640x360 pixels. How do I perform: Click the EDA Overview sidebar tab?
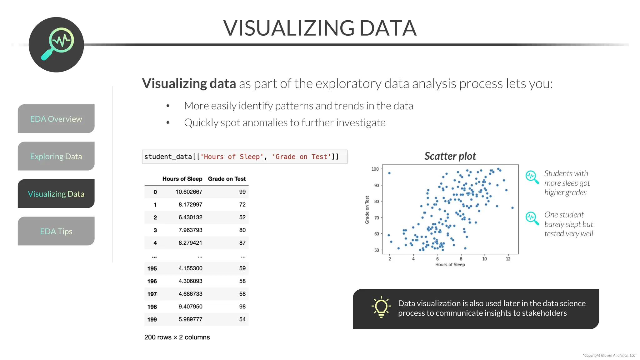point(56,119)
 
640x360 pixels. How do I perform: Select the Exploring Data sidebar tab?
point(56,156)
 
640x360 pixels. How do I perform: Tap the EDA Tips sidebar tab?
point(56,231)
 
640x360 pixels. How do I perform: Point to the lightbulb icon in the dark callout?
point(381,307)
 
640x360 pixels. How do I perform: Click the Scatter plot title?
point(450,156)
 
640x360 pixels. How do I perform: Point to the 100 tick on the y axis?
point(375,169)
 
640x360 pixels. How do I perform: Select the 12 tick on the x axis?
point(508,259)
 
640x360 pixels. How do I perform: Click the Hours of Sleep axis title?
point(450,265)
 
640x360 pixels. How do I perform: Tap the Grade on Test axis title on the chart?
point(367,210)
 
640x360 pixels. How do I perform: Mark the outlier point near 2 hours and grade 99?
point(389,173)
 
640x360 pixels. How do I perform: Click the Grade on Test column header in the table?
point(227,179)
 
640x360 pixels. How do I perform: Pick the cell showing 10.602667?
point(189,192)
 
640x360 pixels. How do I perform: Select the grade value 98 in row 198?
point(242,307)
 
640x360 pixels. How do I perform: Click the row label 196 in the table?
point(152,281)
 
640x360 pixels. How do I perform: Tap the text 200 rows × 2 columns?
point(177,337)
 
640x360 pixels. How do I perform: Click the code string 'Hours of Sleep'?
point(232,157)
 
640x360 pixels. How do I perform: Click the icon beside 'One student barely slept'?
point(532,218)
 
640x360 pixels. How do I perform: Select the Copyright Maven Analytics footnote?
point(609,355)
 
